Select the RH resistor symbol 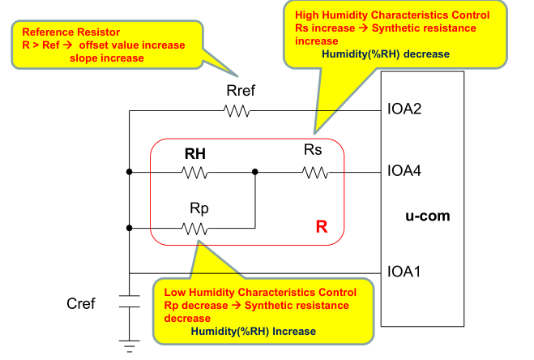pyautogui.click(x=195, y=172)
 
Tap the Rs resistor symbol pyautogui.click(x=314, y=172)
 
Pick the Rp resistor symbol pyautogui.click(x=195, y=229)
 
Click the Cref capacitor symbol pyautogui.click(x=129, y=302)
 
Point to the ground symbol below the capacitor pyautogui.click(x=129, y=345)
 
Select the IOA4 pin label pyautogui.click(x=405, y=172)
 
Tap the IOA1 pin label pyautogui.click(x=405, y=272)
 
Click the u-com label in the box pyautogui.click(x=427, y=216)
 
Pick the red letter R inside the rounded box pyautogui.click(x=321, y=229)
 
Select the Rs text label pyautogui.click(x=314, y=151)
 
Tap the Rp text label pyautogui.click(x=199, y=208)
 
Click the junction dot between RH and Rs pyautogui.click(x=255, y=172)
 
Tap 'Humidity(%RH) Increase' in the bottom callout pyautogui.click(x=253, y=332)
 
